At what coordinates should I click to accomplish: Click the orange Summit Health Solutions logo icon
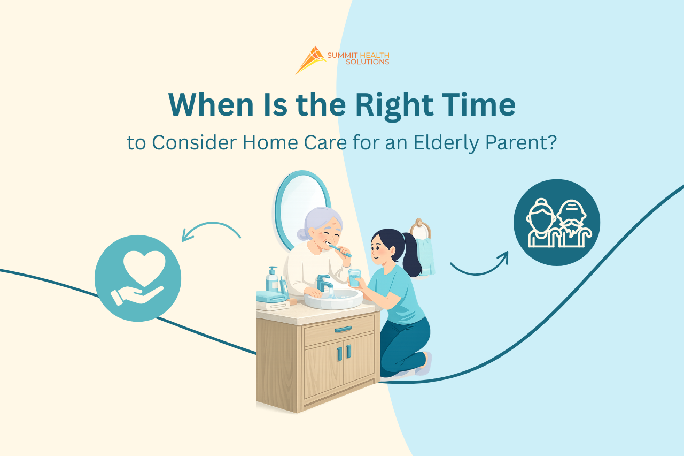point(310,59)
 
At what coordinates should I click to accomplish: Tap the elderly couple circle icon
point(557,223)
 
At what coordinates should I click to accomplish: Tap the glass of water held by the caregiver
point(354,277)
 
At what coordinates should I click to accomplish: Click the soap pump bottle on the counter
point(273,279)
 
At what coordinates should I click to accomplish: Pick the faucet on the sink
point(324,282)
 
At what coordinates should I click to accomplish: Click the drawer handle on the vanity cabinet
point(343,329)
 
